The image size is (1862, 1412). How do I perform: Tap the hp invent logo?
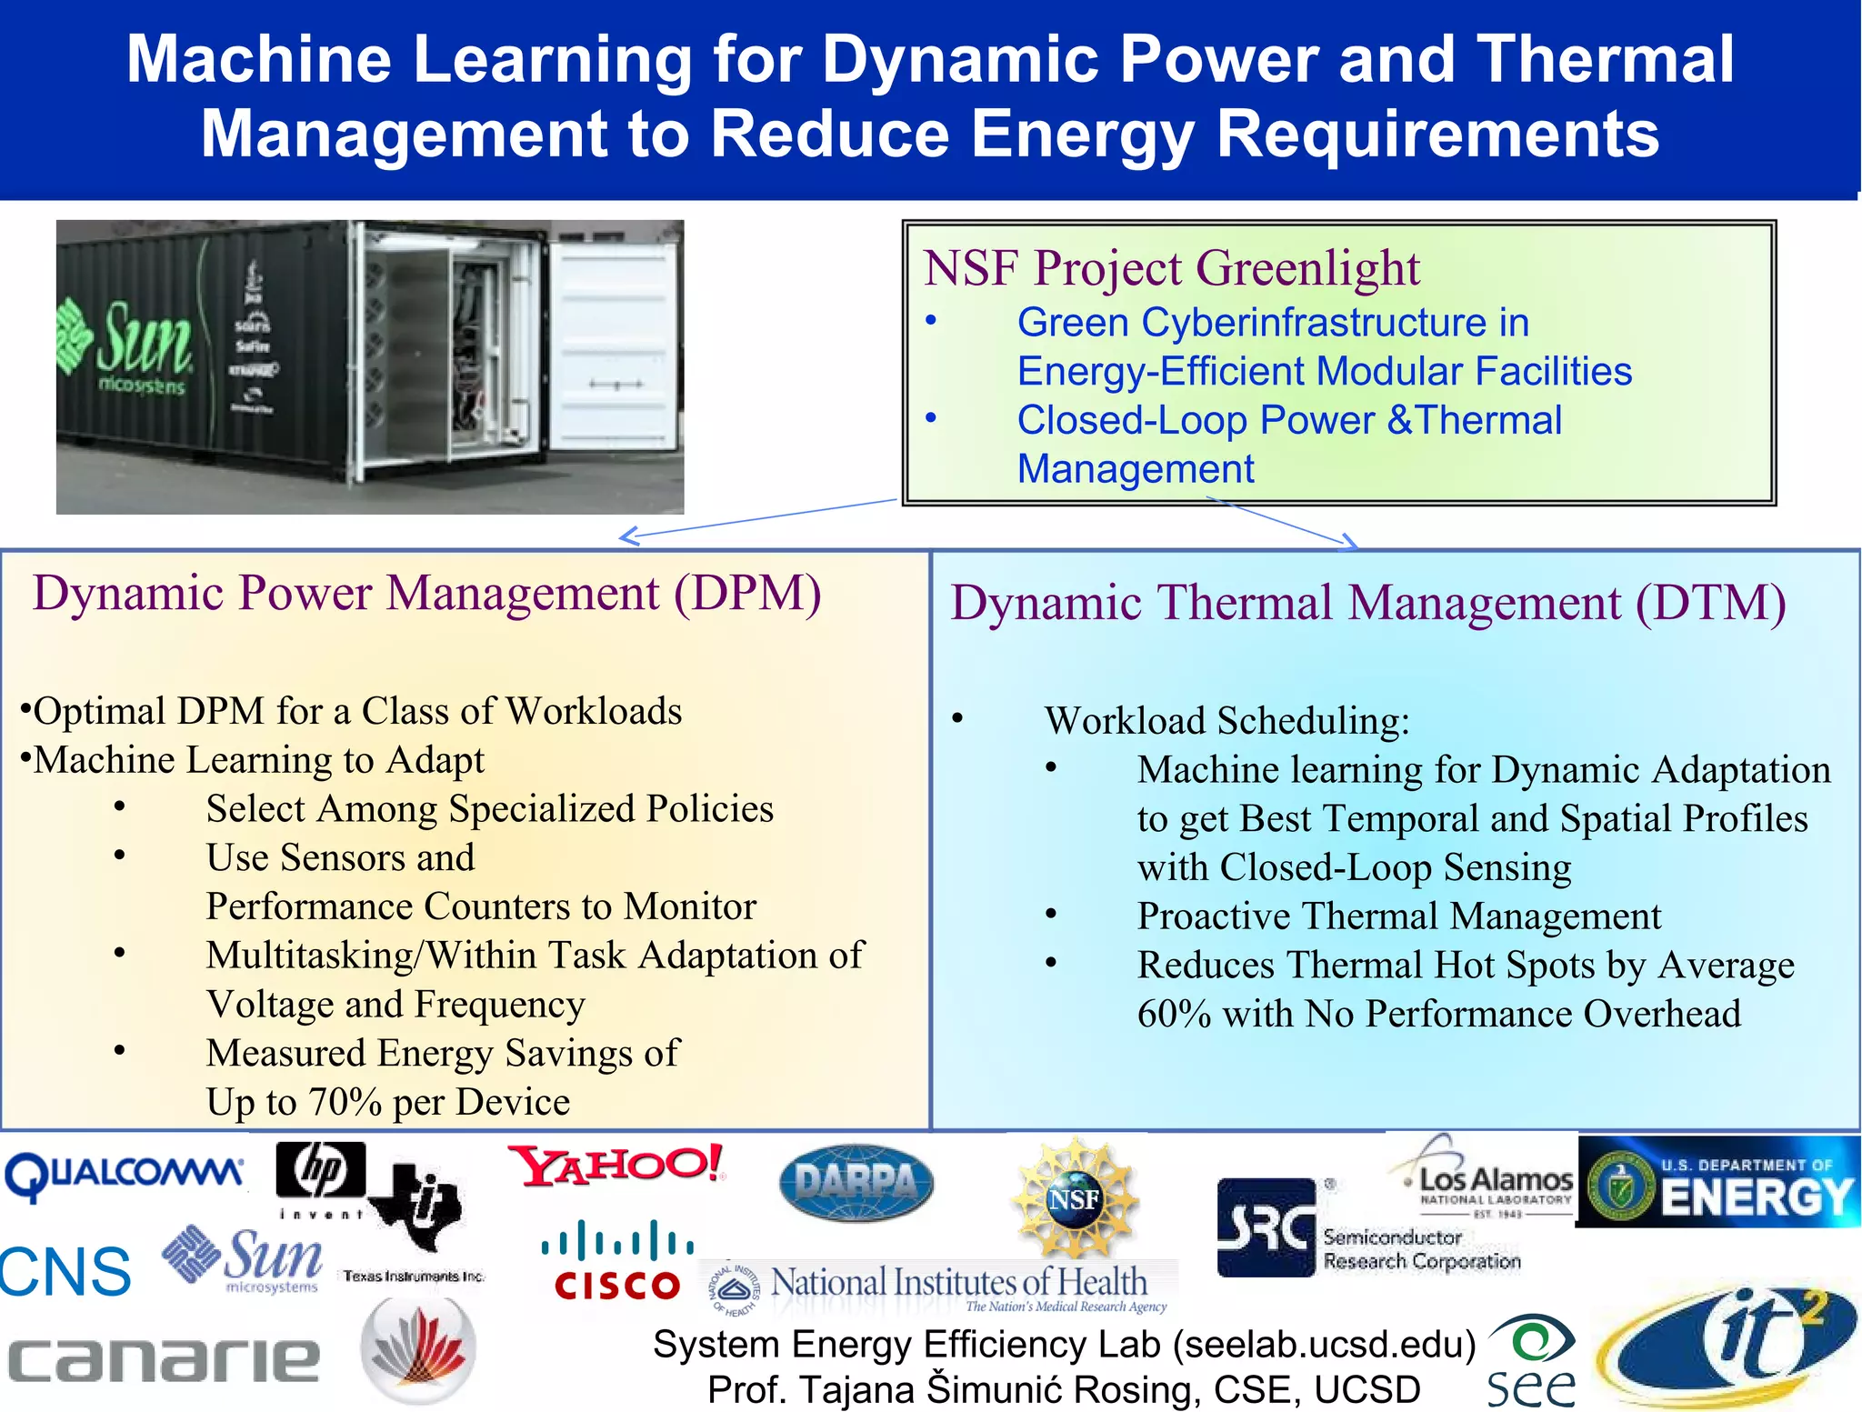321,1177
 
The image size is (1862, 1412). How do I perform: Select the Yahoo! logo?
617,1166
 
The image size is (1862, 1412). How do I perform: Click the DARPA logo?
856,1182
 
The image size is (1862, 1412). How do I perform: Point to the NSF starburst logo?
1075,1198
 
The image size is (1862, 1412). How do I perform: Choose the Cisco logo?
617,1262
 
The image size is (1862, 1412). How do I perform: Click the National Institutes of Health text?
959,1282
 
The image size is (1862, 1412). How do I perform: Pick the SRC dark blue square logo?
1266,1227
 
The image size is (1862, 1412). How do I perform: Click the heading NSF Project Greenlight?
1171,268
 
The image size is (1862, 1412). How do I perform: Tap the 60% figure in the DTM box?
1174,1015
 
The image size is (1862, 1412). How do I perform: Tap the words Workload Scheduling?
1226,721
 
